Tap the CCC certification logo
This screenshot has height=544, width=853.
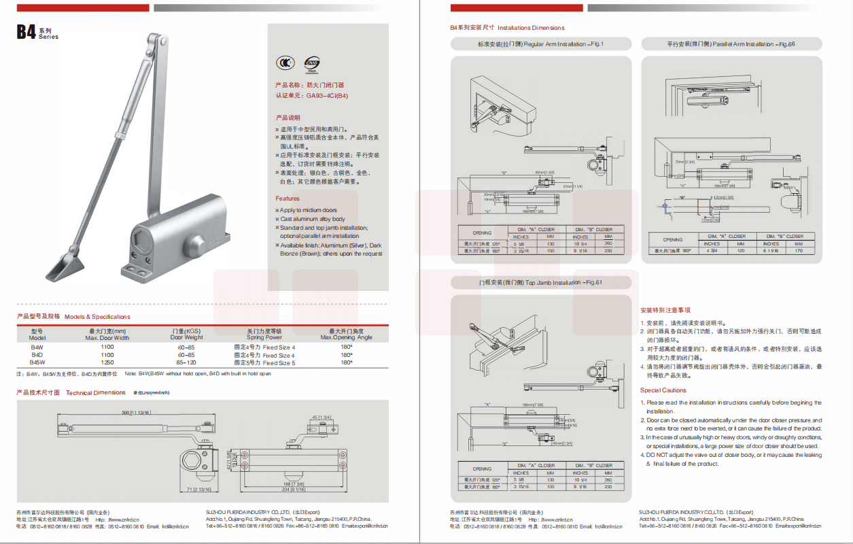point(283,63)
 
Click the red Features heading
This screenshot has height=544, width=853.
point(288,199)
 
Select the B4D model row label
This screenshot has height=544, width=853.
point(37,355)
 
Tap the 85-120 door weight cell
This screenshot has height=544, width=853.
point(186,362)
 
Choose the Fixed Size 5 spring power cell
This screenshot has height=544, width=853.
point(264,362)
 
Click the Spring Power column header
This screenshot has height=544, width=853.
point(264,337)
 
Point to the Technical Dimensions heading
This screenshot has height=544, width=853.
point(95,392)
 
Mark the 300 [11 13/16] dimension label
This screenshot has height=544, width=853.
point(136,413)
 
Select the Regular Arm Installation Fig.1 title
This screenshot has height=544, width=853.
point(540,44)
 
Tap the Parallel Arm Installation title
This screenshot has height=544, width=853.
point(731,44)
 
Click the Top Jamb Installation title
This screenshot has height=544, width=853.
point(540,282)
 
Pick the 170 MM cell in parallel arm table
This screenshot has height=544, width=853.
point(799,250)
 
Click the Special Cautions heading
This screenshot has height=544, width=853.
point(663,390)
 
